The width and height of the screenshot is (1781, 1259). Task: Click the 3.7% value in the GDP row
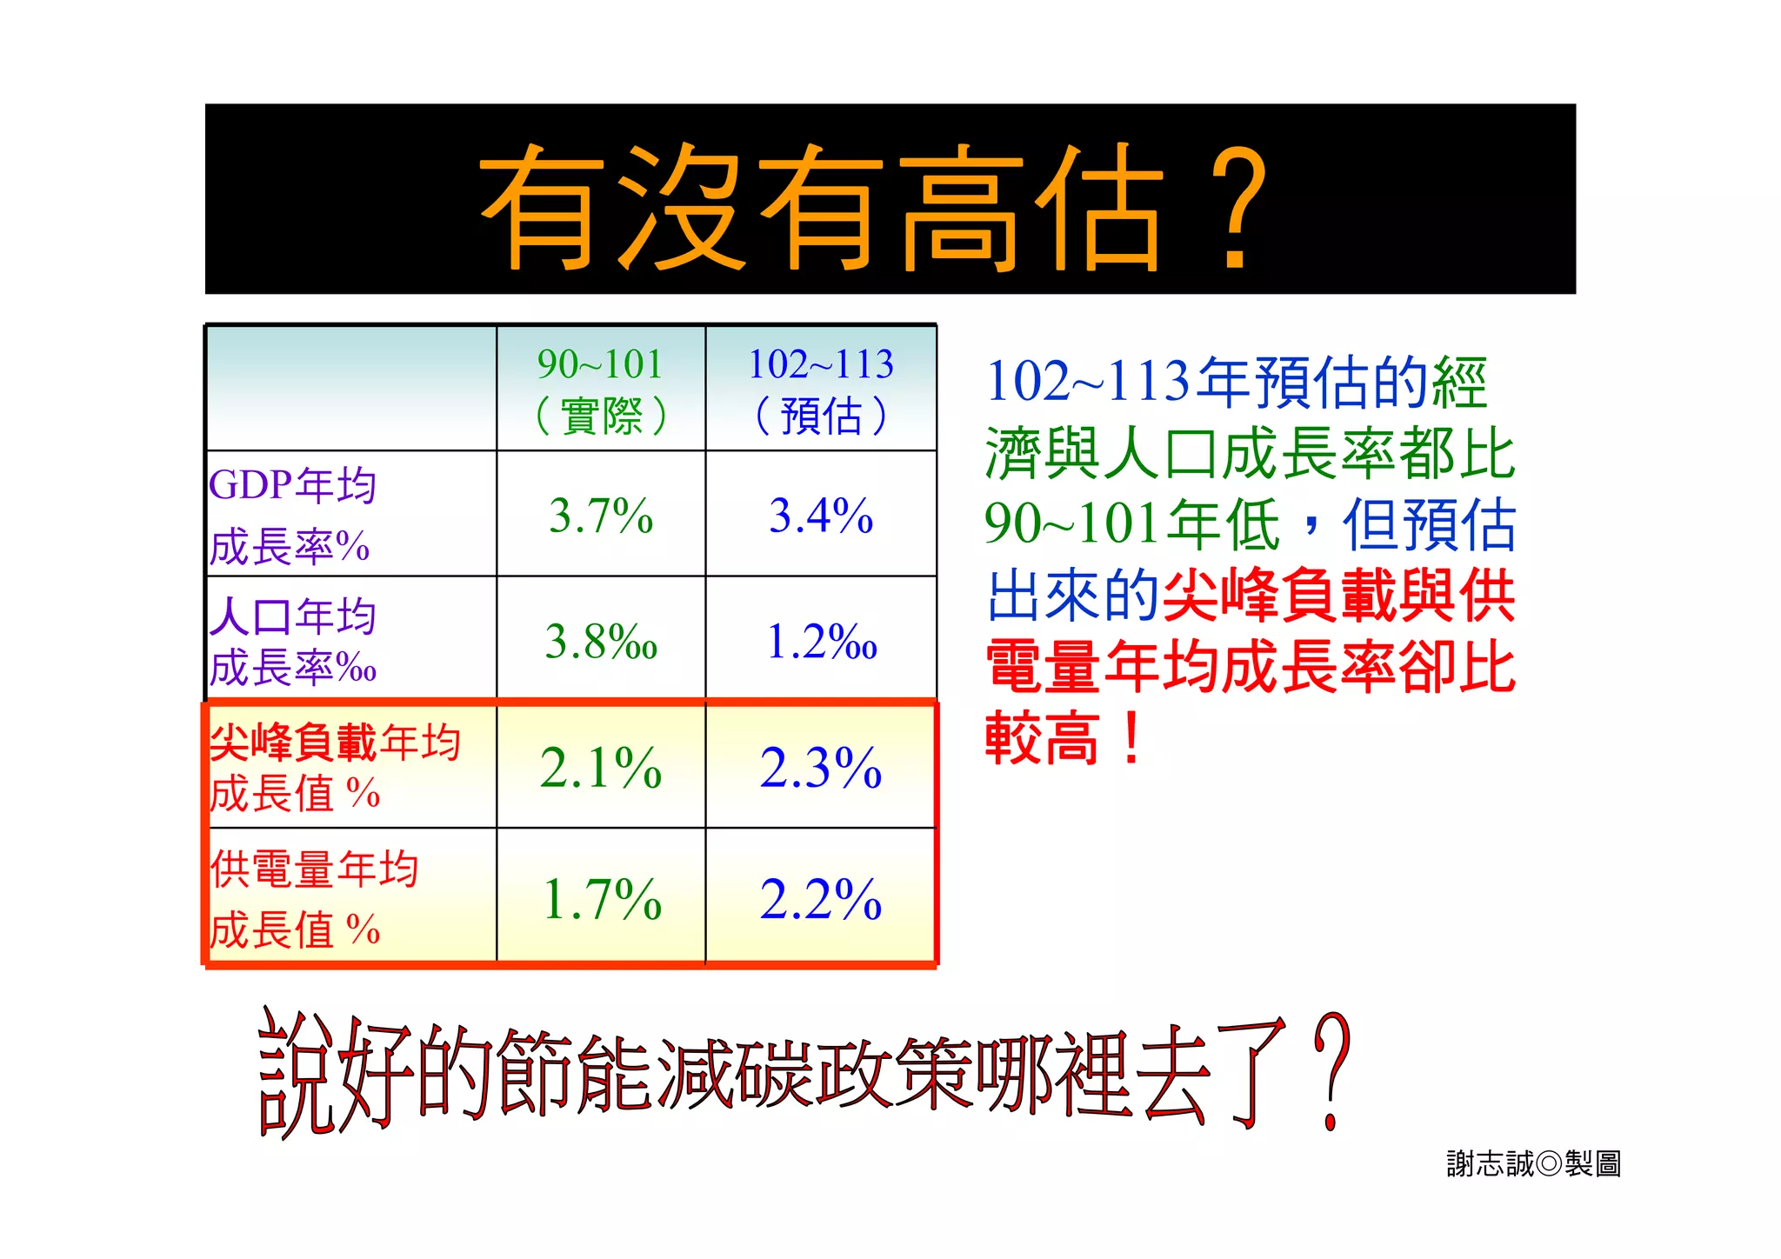coord(601,516)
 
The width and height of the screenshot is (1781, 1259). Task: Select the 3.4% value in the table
coord(821,516)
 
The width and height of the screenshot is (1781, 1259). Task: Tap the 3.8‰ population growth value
coord(601,642)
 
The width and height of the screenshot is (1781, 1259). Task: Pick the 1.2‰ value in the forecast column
coord(821,642)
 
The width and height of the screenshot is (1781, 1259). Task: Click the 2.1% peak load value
coord(601,768)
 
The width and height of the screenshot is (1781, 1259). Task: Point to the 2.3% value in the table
coord(821,768)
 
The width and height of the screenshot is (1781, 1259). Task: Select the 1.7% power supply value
coord(601,899)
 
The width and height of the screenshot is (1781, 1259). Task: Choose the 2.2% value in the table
coord(821,899)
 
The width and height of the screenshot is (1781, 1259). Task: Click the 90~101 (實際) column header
coord(601,390)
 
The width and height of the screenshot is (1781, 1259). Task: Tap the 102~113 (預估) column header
coord(821,390)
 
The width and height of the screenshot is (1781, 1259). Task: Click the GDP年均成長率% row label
coord(292,516)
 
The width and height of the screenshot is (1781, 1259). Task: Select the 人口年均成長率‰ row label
coord(292,642)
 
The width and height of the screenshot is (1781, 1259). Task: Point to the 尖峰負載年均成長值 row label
coord(335,768)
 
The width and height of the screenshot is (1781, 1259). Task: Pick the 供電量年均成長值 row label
coord(313,899)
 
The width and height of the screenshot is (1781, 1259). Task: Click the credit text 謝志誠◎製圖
coord(1533,1163)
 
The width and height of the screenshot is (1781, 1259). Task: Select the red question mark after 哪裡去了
coord(1331,1071)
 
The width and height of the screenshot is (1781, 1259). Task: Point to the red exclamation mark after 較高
coord(1131,737)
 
